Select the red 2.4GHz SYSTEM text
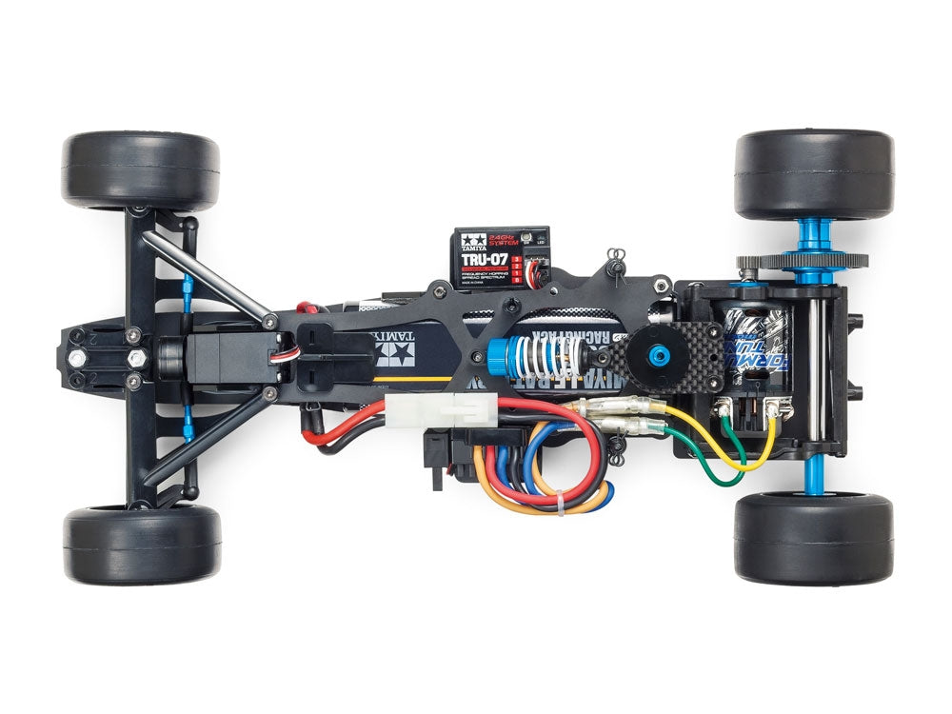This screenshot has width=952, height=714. click(x=501, y=239)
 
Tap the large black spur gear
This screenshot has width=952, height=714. click(x=803, y=261)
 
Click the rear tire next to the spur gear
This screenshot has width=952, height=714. click(x=813, y=173)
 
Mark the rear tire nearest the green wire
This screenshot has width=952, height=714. click(x=813, y=538)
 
